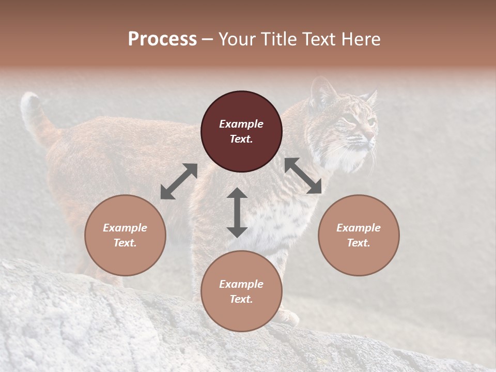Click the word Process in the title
(162, 39)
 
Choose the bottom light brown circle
(241, 309)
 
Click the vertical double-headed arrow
(237, 212)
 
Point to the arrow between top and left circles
(179, 181)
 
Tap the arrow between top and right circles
(303, 176)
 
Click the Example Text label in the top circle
(241, 131)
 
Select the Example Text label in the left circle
(125, 235)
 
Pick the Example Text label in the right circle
(359, 235)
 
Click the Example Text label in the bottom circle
(241, 291)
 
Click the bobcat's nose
(370, 135)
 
